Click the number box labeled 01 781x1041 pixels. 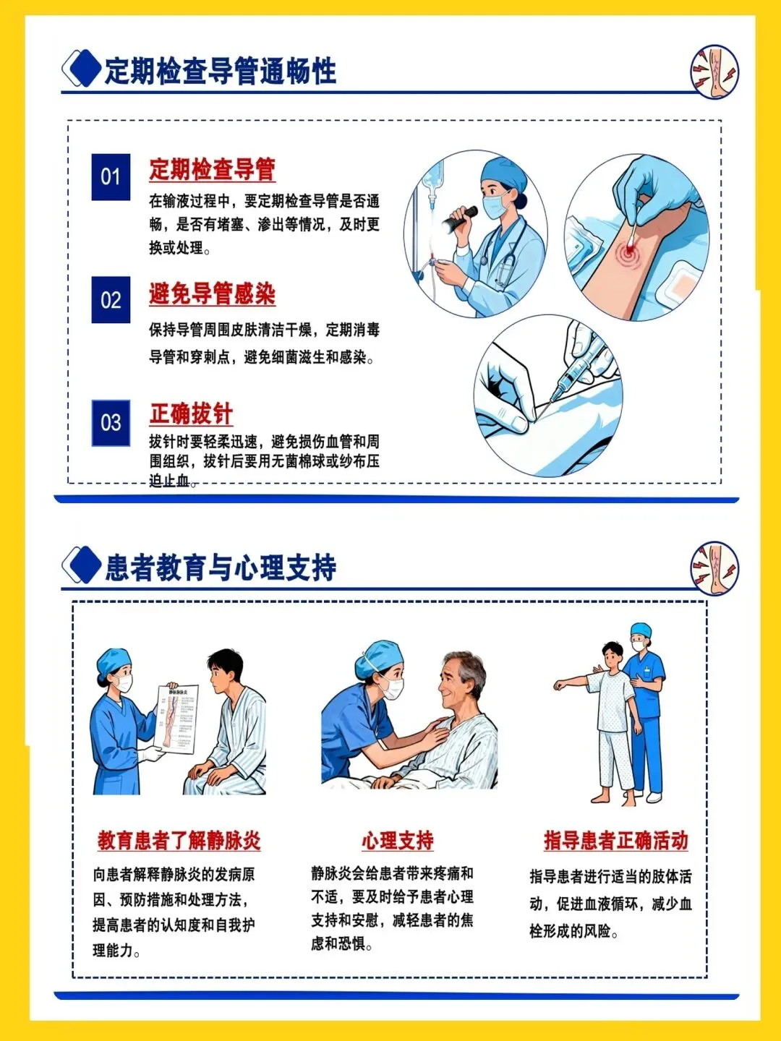tap(111, 177)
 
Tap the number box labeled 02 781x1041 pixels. tap(111, 300)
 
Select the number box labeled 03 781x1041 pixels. tap(111, 423)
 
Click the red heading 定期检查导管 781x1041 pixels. tap(212, 169)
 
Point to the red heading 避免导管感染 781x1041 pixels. tap(212, 294)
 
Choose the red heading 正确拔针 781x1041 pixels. tap(191, 414)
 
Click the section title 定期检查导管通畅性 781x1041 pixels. tap(220, 71)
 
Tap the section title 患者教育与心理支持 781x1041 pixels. tap(220, 567)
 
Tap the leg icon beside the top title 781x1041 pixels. tap(714, 72)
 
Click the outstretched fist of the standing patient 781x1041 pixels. tap(561, 685)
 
